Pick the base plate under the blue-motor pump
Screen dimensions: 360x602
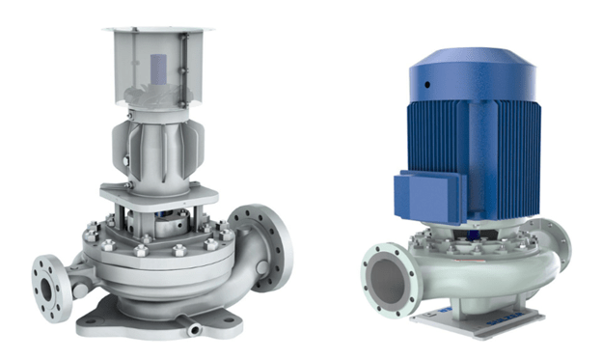click(x=472, y=319)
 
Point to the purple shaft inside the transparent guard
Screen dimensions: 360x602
click(x=158, y=73)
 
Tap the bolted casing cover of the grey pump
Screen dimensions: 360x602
click(x=154, y=241)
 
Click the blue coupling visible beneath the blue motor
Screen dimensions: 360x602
click(x=479, y=232)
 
